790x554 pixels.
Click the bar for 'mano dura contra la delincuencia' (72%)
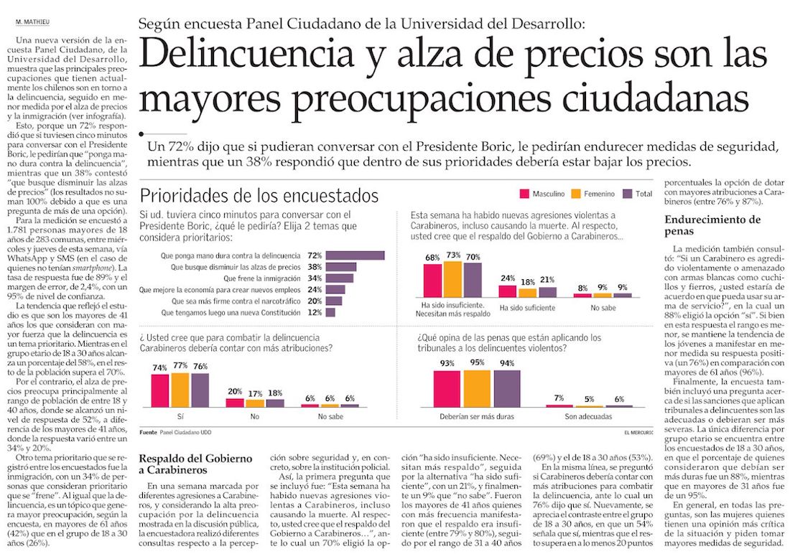[355, 255]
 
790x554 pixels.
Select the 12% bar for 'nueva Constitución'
[330, 312]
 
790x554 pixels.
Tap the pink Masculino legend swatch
[524, 194]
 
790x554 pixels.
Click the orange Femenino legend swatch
[575, 194]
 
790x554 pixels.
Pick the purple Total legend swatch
[627, 194]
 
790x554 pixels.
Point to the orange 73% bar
[452, 279]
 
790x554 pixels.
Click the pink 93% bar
[447, 388]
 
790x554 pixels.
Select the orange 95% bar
[477, 388]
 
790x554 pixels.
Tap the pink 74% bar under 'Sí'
[159, 390]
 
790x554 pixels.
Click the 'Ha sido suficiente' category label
[527, 308]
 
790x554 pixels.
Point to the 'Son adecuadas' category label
[588, 416]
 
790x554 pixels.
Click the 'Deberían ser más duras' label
[477, 416]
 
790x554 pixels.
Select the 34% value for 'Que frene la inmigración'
[315, 278]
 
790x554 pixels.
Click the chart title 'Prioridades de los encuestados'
[259, 195]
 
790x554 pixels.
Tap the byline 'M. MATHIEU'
[33, 22]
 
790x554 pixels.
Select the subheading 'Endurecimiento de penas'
[712, 225]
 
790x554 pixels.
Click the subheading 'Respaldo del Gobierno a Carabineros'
[195, 464]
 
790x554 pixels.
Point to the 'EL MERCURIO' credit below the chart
[638, 433]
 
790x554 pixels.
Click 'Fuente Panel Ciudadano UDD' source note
[175, 433]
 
